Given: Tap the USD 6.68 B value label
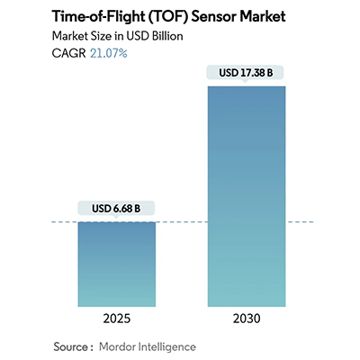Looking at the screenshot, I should pyautogui.click(x=116, y=209).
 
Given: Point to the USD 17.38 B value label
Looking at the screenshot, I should pyautogui.click(x=246, y=73).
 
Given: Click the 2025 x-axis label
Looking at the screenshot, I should pyautogui.click(x=116, y=320).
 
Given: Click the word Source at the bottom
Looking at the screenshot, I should pyautogui.click(x=71, y=346).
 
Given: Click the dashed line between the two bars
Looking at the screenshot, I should pyautogui.click(x=181, y=220).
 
